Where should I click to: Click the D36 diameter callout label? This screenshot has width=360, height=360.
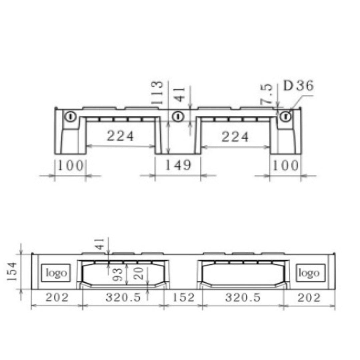click(x=298, y=86)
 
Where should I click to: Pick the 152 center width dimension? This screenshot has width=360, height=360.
click(x=183, y=297)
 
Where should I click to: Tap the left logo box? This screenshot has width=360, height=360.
click(x=56, y=273)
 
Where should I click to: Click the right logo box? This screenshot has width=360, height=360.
click(x=308, y=273)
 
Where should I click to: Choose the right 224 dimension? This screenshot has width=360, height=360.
click(x=235, y=137)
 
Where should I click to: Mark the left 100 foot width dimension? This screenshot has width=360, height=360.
click(x=70, y=165)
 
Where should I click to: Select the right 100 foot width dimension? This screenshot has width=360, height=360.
click(x=285, y=165)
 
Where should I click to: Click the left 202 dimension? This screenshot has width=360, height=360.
click(x=56, y=297)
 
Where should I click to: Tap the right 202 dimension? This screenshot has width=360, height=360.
click(x=309, y=297)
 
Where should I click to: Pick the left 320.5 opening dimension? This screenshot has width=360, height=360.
click(x=123, y=297)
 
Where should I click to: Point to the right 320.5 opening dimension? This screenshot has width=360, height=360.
click(x=242, y=297)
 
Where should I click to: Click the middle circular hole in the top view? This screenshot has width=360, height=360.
click(x=178, y=117)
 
